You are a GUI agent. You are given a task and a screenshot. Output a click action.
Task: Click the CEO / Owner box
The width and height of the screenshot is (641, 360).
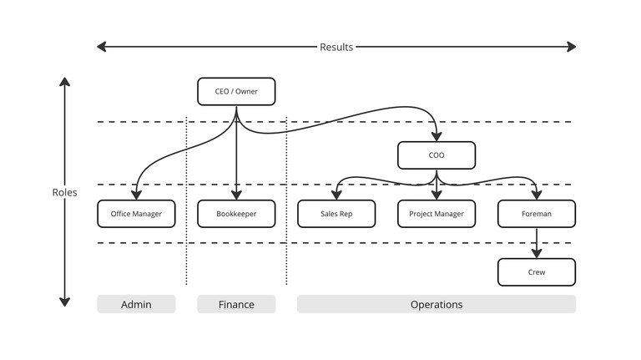(x=236, y=91)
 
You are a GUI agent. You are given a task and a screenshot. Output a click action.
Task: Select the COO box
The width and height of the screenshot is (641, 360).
(x=437, y=155)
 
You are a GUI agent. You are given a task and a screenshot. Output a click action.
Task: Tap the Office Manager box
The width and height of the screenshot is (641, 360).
(x=136, y=214)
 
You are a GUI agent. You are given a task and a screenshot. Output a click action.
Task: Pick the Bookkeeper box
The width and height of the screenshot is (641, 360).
(x=236, y=214)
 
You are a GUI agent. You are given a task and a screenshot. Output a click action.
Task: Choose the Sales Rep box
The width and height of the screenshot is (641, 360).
(x=336, y=214)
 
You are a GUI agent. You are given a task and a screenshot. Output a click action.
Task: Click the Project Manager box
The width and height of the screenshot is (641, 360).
(x=437, y=214)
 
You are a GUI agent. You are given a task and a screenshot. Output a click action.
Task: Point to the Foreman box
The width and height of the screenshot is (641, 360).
(x=537, y=214)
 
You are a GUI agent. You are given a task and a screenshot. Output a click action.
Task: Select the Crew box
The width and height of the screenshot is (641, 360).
(x=537, y=272)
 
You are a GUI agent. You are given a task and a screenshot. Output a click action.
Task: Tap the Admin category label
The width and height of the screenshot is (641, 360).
(x=136, y=304)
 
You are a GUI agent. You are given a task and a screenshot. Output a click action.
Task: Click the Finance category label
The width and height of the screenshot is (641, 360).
(x=236, y=304)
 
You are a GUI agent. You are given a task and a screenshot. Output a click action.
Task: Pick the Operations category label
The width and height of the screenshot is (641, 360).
(x=437, y=304)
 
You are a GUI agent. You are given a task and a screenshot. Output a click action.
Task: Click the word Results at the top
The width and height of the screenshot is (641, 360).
(x=336, y=47)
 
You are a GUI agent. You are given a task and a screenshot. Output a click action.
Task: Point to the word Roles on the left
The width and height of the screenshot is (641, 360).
(x=64, y=192)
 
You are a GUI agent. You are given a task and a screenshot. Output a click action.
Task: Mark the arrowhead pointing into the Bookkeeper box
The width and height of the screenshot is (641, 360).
(x=236, y=195)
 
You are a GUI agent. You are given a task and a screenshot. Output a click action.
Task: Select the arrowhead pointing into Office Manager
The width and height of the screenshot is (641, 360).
(x=136, y=195)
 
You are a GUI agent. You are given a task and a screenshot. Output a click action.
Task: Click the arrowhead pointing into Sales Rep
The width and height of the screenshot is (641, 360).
(x=336, y=195)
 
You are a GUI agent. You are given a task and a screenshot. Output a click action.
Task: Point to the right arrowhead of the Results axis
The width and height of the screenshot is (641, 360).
(x=572, y=47)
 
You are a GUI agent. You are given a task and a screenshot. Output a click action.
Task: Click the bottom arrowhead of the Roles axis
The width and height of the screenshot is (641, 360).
(x=64, y=302)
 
